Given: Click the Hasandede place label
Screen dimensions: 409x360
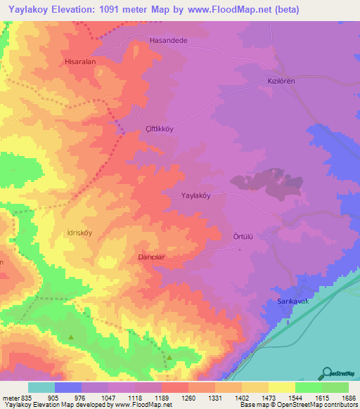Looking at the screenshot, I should tap(169, 41).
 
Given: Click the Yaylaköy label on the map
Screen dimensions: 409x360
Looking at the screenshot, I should tap(196, 196).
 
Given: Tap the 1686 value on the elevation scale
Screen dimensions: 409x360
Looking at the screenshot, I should tap(348, 397).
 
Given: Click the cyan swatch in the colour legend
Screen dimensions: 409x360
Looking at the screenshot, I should tap(41, 387).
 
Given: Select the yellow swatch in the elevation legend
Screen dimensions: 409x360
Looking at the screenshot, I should tap(281, 387).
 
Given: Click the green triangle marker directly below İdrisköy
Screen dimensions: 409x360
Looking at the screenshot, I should tap(71, 337).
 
